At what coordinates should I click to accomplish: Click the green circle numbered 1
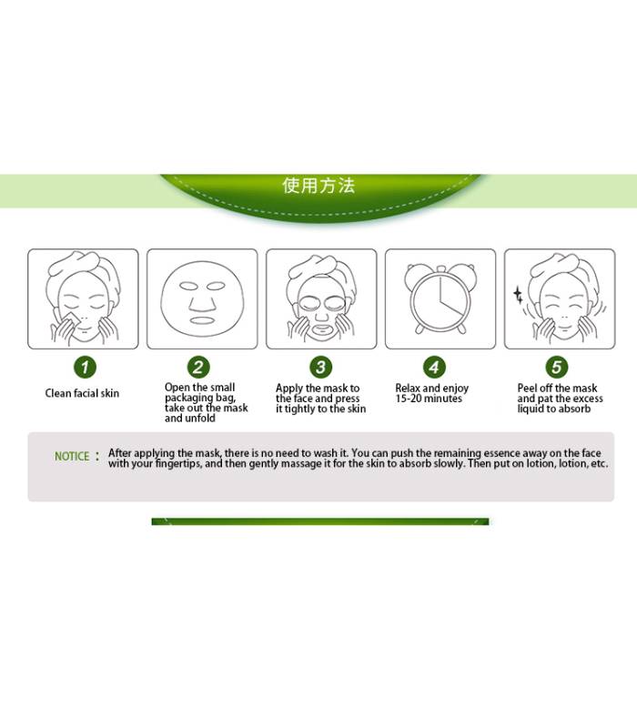click(85, 368)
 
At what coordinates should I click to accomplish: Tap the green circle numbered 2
click(198, 368)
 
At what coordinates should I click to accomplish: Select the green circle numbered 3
click(321, 368)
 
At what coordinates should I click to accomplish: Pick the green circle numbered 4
click(434, 368)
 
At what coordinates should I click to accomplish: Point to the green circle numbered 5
click(557, 368)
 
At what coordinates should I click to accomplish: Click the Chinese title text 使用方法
click(318, 186)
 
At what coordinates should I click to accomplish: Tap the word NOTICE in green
click(72, 457)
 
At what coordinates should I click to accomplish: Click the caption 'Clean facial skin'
click(82, 393)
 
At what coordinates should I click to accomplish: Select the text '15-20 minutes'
click(429, 399)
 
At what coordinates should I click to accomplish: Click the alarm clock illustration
click(440, 298)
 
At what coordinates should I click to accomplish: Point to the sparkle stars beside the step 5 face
click(518, 295)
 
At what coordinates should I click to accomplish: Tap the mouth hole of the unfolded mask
click(201, 320)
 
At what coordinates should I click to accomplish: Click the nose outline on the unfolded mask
click(202, 303)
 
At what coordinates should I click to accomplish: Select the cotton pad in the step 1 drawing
click(70, 320)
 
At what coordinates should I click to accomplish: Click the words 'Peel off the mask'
click(557, 389)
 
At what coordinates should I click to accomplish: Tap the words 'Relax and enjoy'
click(431, 389)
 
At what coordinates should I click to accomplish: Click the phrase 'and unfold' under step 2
click(190, 419)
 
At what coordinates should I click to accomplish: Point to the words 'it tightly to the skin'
click(321, 409)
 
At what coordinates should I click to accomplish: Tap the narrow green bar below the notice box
click(320, 521)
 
